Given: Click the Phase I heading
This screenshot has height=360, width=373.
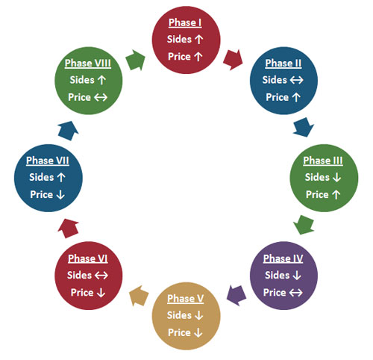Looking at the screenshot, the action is [185, 22].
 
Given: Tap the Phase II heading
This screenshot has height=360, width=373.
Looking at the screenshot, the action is [283, 63].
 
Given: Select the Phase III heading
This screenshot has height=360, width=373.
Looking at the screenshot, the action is [323, 161].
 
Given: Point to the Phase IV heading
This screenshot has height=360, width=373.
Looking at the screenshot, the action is [283, 258].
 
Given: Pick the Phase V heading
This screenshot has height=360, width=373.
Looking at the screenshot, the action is [186, 298].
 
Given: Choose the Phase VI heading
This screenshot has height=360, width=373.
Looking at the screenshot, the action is [88, 258].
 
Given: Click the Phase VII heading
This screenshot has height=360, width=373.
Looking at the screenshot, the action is [48, 161].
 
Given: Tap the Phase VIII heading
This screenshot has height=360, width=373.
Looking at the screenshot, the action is [88, 63].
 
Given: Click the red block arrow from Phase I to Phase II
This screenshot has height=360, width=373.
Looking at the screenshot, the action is [233, 60].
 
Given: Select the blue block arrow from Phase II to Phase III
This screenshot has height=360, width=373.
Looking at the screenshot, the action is [304, 127].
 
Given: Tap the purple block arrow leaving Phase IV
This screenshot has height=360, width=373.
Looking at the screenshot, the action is [236, 295].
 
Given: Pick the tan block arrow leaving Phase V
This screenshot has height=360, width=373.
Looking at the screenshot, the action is [139, 296].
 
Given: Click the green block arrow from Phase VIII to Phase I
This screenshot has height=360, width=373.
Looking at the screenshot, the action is [135, 60].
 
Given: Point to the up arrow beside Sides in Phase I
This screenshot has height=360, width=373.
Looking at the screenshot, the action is [198, 40].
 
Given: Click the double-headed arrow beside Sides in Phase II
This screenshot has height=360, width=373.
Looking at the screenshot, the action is [297, 80].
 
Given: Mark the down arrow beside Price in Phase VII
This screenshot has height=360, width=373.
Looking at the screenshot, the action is [60, 195].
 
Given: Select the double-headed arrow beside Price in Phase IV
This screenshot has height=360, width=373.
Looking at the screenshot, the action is [295, 293].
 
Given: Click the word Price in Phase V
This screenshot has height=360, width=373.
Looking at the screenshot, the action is [179, 332].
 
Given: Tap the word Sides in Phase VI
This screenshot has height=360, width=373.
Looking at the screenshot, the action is [79, 276].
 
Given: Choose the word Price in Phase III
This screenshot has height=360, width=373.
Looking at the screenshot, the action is [317, 195].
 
